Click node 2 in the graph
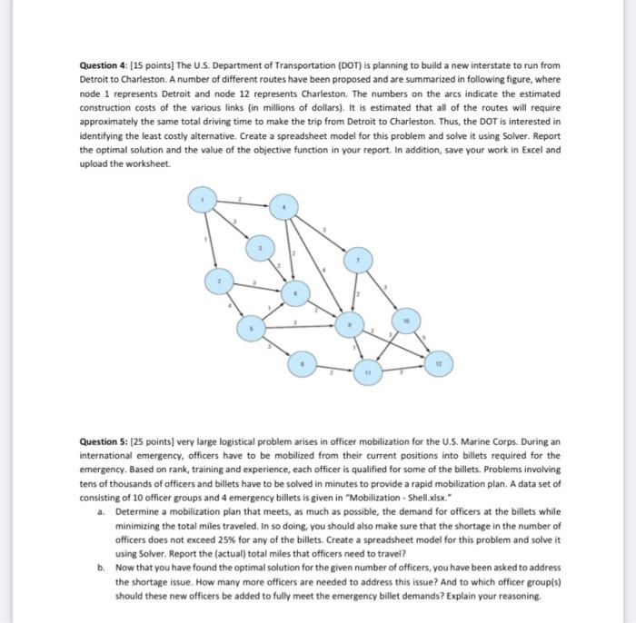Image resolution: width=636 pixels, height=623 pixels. tap(216, 284)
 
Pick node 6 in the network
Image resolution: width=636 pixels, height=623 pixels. tap(293, 293)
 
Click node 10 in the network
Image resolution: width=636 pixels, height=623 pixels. tap(406, 321)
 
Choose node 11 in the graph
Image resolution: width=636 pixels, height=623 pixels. tap(368, 371)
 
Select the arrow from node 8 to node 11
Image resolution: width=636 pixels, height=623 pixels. tap(334, 369)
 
